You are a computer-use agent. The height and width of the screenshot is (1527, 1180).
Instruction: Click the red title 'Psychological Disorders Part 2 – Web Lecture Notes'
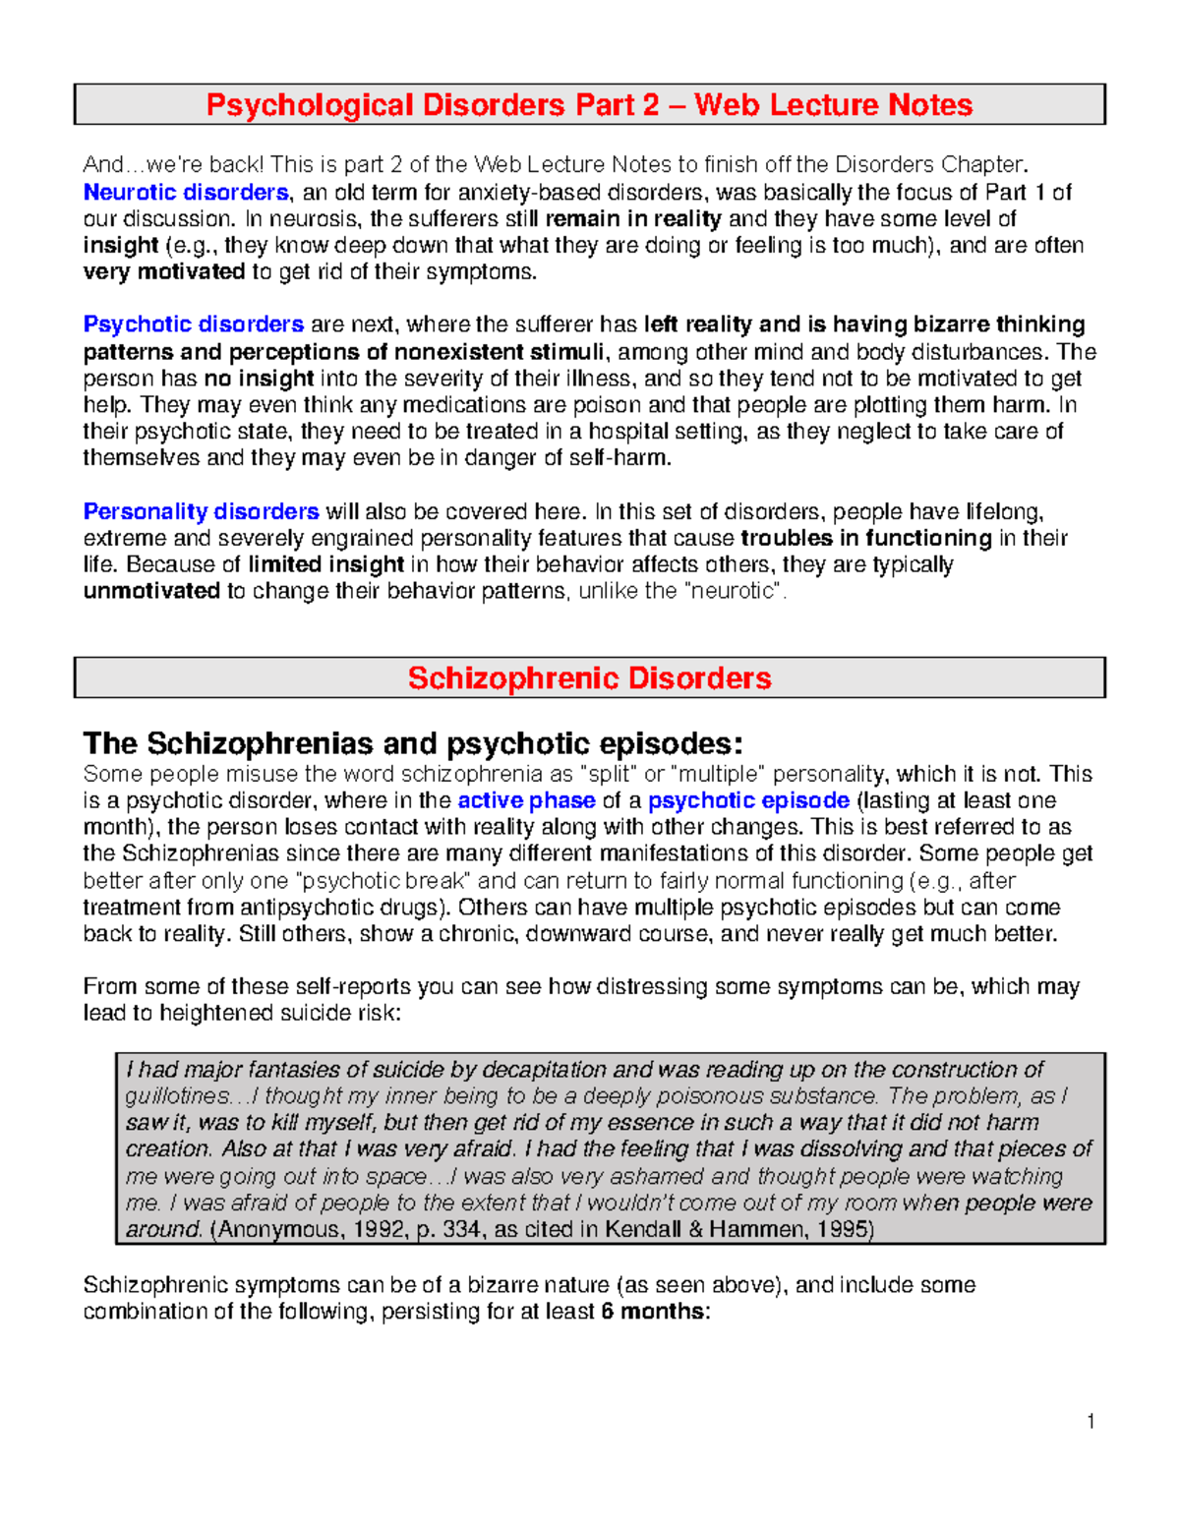[589, 104]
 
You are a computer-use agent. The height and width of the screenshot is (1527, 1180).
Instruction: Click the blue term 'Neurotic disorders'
[185, 192]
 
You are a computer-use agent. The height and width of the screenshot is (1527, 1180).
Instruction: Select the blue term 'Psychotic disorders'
[193, 324]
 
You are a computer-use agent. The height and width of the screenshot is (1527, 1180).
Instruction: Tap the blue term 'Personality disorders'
[201, 511]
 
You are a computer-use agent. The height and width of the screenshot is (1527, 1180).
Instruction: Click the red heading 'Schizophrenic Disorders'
[589, 677]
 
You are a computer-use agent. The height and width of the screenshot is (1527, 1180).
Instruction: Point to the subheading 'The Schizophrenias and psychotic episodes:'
[413, 742]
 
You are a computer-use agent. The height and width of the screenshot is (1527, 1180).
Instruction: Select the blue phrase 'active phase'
[526, 800]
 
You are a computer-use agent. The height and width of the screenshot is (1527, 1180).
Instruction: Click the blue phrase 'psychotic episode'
[748, 800]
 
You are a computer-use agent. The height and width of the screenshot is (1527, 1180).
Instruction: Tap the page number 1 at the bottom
[1091, 1421]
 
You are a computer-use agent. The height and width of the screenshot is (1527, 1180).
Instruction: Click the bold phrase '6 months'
[653, 1312]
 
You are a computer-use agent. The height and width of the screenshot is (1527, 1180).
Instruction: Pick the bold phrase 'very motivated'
[163, 272]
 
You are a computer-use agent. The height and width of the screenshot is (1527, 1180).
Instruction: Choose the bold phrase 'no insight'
[259, 379]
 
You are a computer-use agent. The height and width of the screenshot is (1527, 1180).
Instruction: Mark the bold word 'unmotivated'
[151, 591]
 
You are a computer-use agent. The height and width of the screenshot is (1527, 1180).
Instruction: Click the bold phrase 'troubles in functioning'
[865, 538]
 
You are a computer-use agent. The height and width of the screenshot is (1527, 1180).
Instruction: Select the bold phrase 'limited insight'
[325, 564]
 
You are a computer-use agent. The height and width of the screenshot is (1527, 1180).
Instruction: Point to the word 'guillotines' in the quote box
[174, 1096]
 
